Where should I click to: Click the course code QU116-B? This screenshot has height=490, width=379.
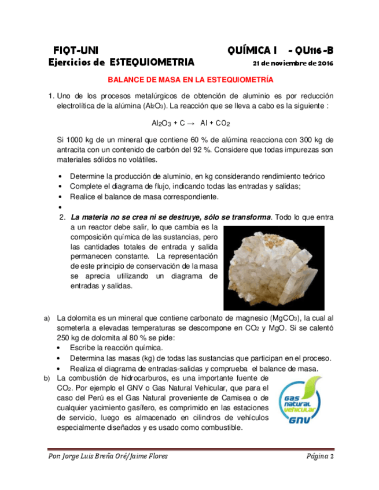tap(310, 50)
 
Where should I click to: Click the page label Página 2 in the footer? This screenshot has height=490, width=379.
tap(320, 457)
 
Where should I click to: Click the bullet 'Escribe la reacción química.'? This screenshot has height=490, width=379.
tap(116, 348)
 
